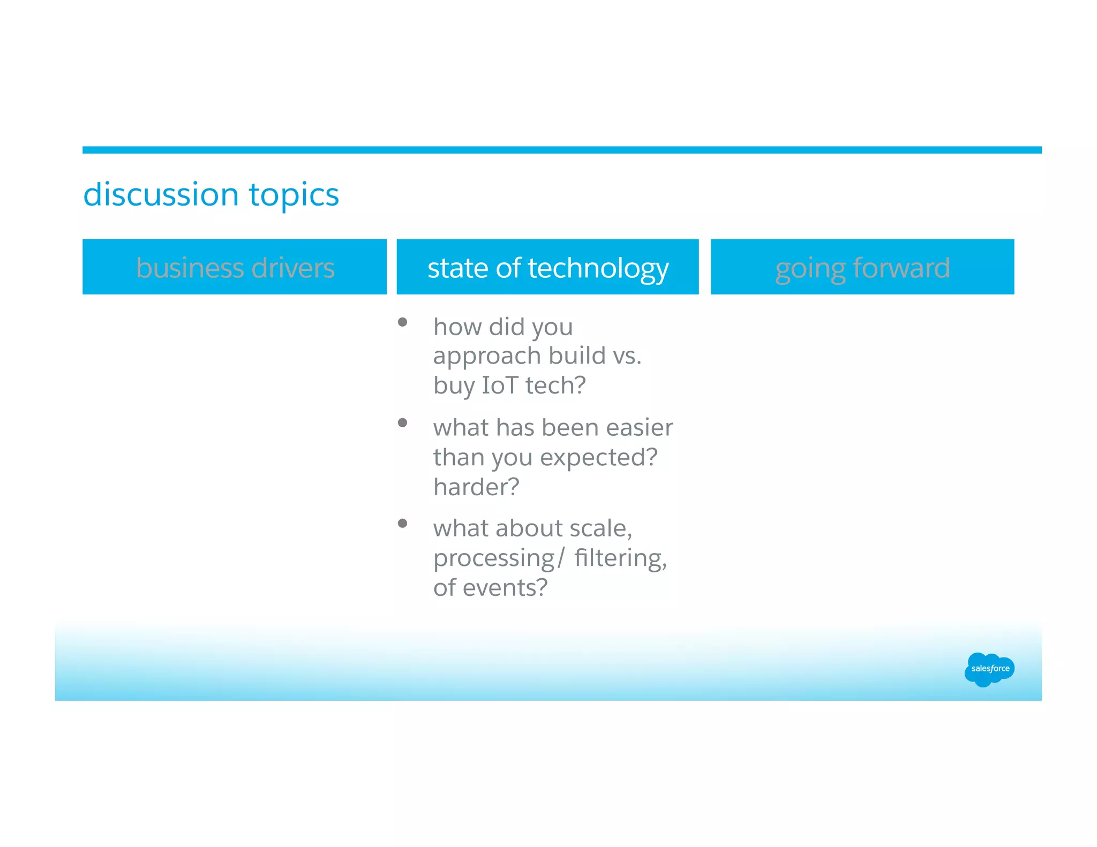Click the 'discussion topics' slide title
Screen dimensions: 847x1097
pos(211,194)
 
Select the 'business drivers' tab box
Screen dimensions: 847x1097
pos(235,267)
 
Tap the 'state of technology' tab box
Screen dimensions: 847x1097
pos(547,267)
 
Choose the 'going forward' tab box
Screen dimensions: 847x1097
pos(862,267)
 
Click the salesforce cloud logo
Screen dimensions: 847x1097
pos(989,669)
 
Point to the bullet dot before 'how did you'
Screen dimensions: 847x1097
pos(403,322)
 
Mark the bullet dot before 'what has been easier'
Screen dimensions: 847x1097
pos(403,423)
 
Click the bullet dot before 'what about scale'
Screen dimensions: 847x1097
pos(403,524)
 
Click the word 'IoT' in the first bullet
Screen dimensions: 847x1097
pos(500,385)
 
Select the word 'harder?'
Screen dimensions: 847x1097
pos(476,487)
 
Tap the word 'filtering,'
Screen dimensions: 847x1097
pos(620,558)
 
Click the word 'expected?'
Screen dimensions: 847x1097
pos(598,458)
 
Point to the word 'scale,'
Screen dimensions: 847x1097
pos(600,528)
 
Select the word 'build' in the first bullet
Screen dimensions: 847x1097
pos(577,356)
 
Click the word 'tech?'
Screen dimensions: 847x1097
pos(555,385)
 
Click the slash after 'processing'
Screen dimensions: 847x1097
pos(560,558)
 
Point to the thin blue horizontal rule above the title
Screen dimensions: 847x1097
pos(561,150)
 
